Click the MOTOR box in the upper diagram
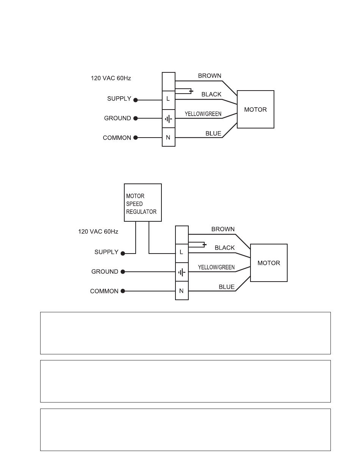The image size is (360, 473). (x=255, y=109)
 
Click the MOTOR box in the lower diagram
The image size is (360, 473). (x=269, y=263)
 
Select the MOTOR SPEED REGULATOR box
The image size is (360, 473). (x=142, y=202)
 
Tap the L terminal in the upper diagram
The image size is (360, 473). (x=169, y=100)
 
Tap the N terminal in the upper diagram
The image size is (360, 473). (x=169, y=137)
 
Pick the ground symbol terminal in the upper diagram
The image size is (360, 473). (x=169, y=119)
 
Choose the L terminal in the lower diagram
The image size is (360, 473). (x=182, y=253)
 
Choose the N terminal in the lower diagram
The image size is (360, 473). (x=182, y=290)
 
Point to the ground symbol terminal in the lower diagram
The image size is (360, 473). (x=182, y=272)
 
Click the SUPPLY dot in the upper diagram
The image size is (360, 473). (x=136, y=100)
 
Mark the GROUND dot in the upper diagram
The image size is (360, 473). (x=136, y=118)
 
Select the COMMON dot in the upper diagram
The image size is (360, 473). (x=136, y=138)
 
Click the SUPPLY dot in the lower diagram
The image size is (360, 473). (x=123, y=254)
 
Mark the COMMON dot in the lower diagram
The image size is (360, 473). (x=123, y=291)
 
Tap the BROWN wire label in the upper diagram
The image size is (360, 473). (x=210, y=76)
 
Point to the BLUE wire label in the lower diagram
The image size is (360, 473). (x=227, y=287)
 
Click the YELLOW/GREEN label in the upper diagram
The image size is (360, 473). (x=203, y=114)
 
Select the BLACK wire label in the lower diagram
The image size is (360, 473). (x=225, y=248)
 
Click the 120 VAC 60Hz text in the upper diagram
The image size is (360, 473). (x=111, y=78)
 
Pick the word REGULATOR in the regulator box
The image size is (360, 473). (x=141, y=212)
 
